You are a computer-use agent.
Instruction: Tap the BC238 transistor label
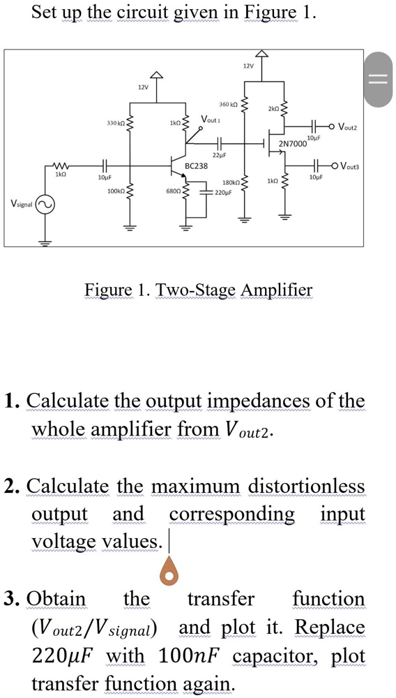197,166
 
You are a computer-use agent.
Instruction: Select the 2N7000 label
293,144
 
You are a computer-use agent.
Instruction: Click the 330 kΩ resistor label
115,123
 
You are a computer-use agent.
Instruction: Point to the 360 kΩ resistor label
229,104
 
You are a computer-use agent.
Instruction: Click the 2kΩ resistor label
273,110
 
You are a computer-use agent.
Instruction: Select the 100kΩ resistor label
114,191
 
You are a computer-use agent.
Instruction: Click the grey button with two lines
380,80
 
